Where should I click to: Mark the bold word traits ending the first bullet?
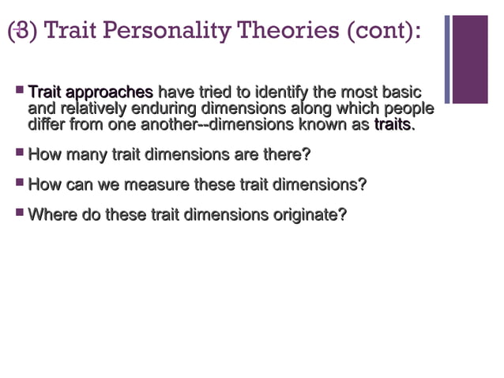pos(393,125)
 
